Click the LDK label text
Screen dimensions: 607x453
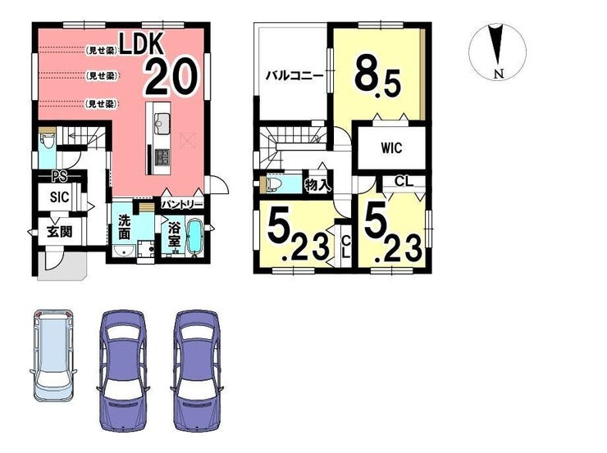141,43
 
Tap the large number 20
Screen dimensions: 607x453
172,76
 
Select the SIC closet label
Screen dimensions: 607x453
60,197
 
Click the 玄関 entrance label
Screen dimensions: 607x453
60,231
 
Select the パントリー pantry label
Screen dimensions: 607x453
182,205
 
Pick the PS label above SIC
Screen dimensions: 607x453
60,177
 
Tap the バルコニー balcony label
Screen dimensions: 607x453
294,75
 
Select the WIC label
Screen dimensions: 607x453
391,148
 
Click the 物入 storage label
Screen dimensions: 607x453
317,185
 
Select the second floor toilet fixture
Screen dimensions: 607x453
274,184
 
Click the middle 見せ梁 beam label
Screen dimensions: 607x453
101,75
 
